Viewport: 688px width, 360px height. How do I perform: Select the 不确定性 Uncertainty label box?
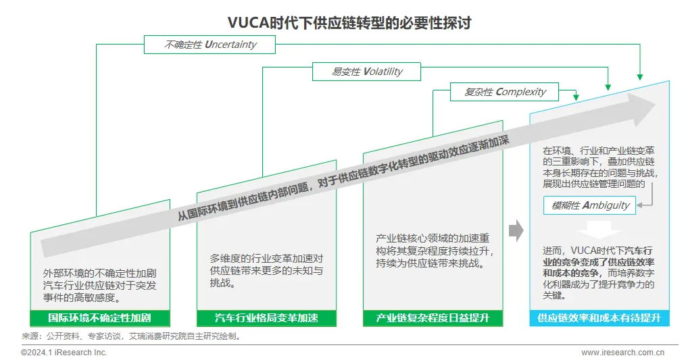210,45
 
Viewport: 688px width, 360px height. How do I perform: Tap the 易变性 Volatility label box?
366,72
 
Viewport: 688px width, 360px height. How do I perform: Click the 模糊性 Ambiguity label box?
590,205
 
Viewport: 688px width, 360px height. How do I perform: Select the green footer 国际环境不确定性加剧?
99,318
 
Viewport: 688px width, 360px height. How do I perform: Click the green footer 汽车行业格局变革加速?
266,318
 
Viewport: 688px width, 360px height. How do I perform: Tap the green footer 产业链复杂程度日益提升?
433,318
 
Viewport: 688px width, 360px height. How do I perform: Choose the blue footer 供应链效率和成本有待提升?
599,318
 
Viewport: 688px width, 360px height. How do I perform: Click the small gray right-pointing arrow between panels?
516,230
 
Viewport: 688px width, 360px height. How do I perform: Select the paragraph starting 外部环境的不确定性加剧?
99,285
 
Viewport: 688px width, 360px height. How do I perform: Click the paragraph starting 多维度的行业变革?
266,270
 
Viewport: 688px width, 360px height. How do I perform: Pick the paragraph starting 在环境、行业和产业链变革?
599,166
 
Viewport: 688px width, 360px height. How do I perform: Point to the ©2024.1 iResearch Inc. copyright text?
64,353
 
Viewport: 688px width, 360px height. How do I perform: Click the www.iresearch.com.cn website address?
623,353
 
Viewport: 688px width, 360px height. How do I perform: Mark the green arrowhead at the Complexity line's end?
575,97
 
